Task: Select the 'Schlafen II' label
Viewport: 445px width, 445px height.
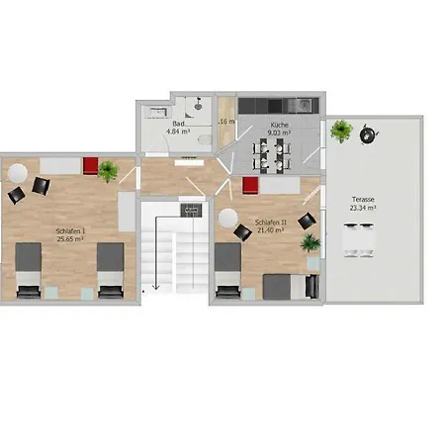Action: (271, 222)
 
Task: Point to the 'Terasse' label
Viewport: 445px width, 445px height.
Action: (360, 199)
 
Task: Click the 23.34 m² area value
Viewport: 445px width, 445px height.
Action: (362, 209)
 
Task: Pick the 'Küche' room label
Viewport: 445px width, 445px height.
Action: (279, 126)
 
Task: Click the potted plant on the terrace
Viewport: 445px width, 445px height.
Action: (342, 130)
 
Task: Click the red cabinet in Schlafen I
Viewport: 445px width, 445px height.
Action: (90, 164)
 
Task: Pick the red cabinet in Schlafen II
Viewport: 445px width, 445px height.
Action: (250, 184)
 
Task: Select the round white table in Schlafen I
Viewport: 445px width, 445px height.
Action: (17, 171)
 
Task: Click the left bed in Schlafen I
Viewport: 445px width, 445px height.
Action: (28, 272)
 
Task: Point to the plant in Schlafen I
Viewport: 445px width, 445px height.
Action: (107, 171)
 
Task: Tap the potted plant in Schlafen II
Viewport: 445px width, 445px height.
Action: (310, 242)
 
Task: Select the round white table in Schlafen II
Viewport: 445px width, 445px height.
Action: (228, 217)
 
